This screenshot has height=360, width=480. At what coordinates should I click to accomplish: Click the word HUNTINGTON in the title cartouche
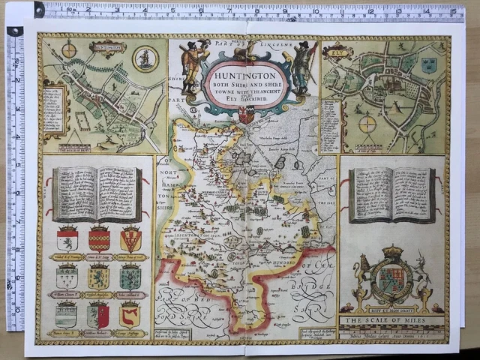click(244, 75)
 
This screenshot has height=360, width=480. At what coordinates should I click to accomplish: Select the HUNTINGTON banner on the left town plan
click(107, 48)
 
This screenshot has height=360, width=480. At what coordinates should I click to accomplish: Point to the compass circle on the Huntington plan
click(69, 50)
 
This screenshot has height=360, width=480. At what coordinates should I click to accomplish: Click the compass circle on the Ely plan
click(367, 124)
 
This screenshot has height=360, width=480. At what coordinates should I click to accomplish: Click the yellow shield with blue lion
click(98, 277)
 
